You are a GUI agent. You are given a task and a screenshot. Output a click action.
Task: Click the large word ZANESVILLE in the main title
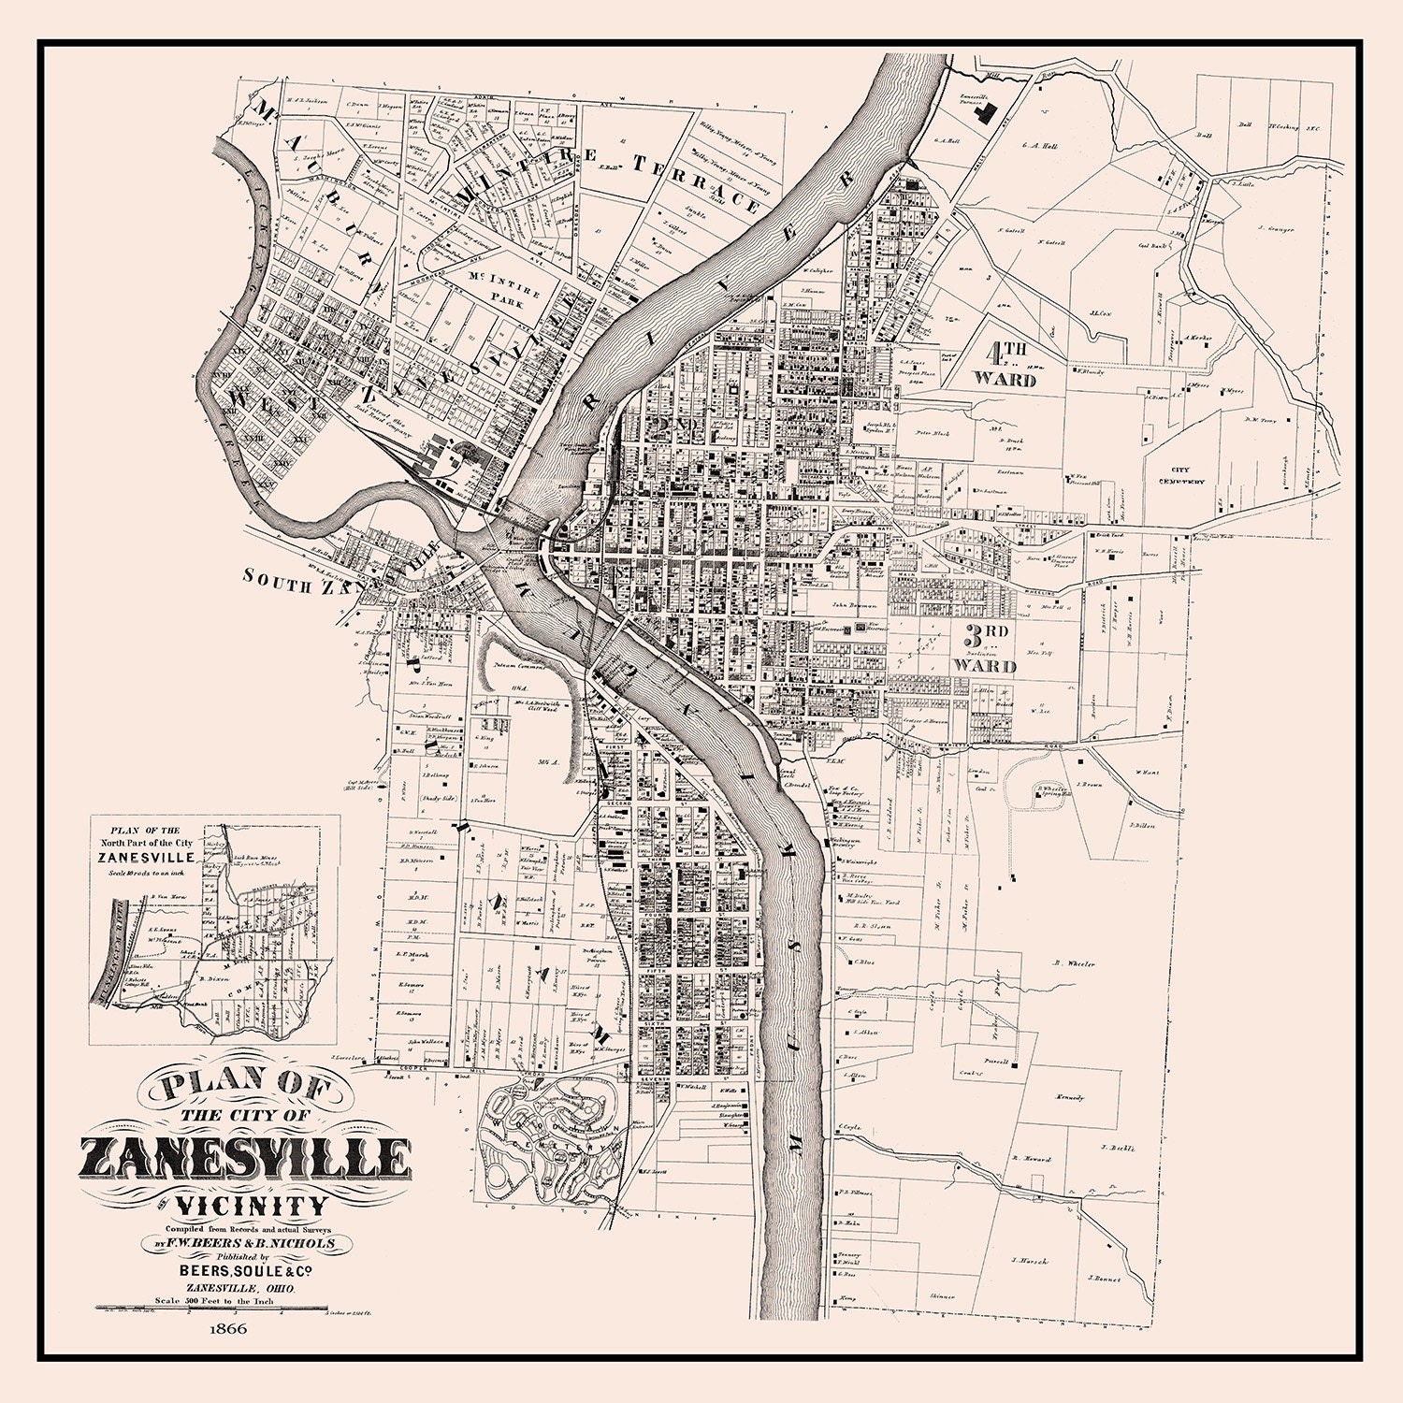[246, 1159]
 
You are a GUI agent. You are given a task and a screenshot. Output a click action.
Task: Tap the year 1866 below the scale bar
[227, 1328]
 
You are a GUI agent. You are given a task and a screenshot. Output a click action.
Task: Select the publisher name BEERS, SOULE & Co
[246, 1271]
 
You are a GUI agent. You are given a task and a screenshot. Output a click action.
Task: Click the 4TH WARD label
[1005, 367]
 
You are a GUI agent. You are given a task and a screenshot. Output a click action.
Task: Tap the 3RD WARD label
[985, 651]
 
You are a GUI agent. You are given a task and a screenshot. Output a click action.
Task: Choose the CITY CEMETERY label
[1188, 476]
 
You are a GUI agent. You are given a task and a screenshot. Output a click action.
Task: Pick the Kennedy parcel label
[1069, 1096]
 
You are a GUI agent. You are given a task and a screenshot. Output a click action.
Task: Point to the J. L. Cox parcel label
[1098, 313]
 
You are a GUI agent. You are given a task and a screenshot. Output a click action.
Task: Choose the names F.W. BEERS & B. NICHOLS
[248, 1244]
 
